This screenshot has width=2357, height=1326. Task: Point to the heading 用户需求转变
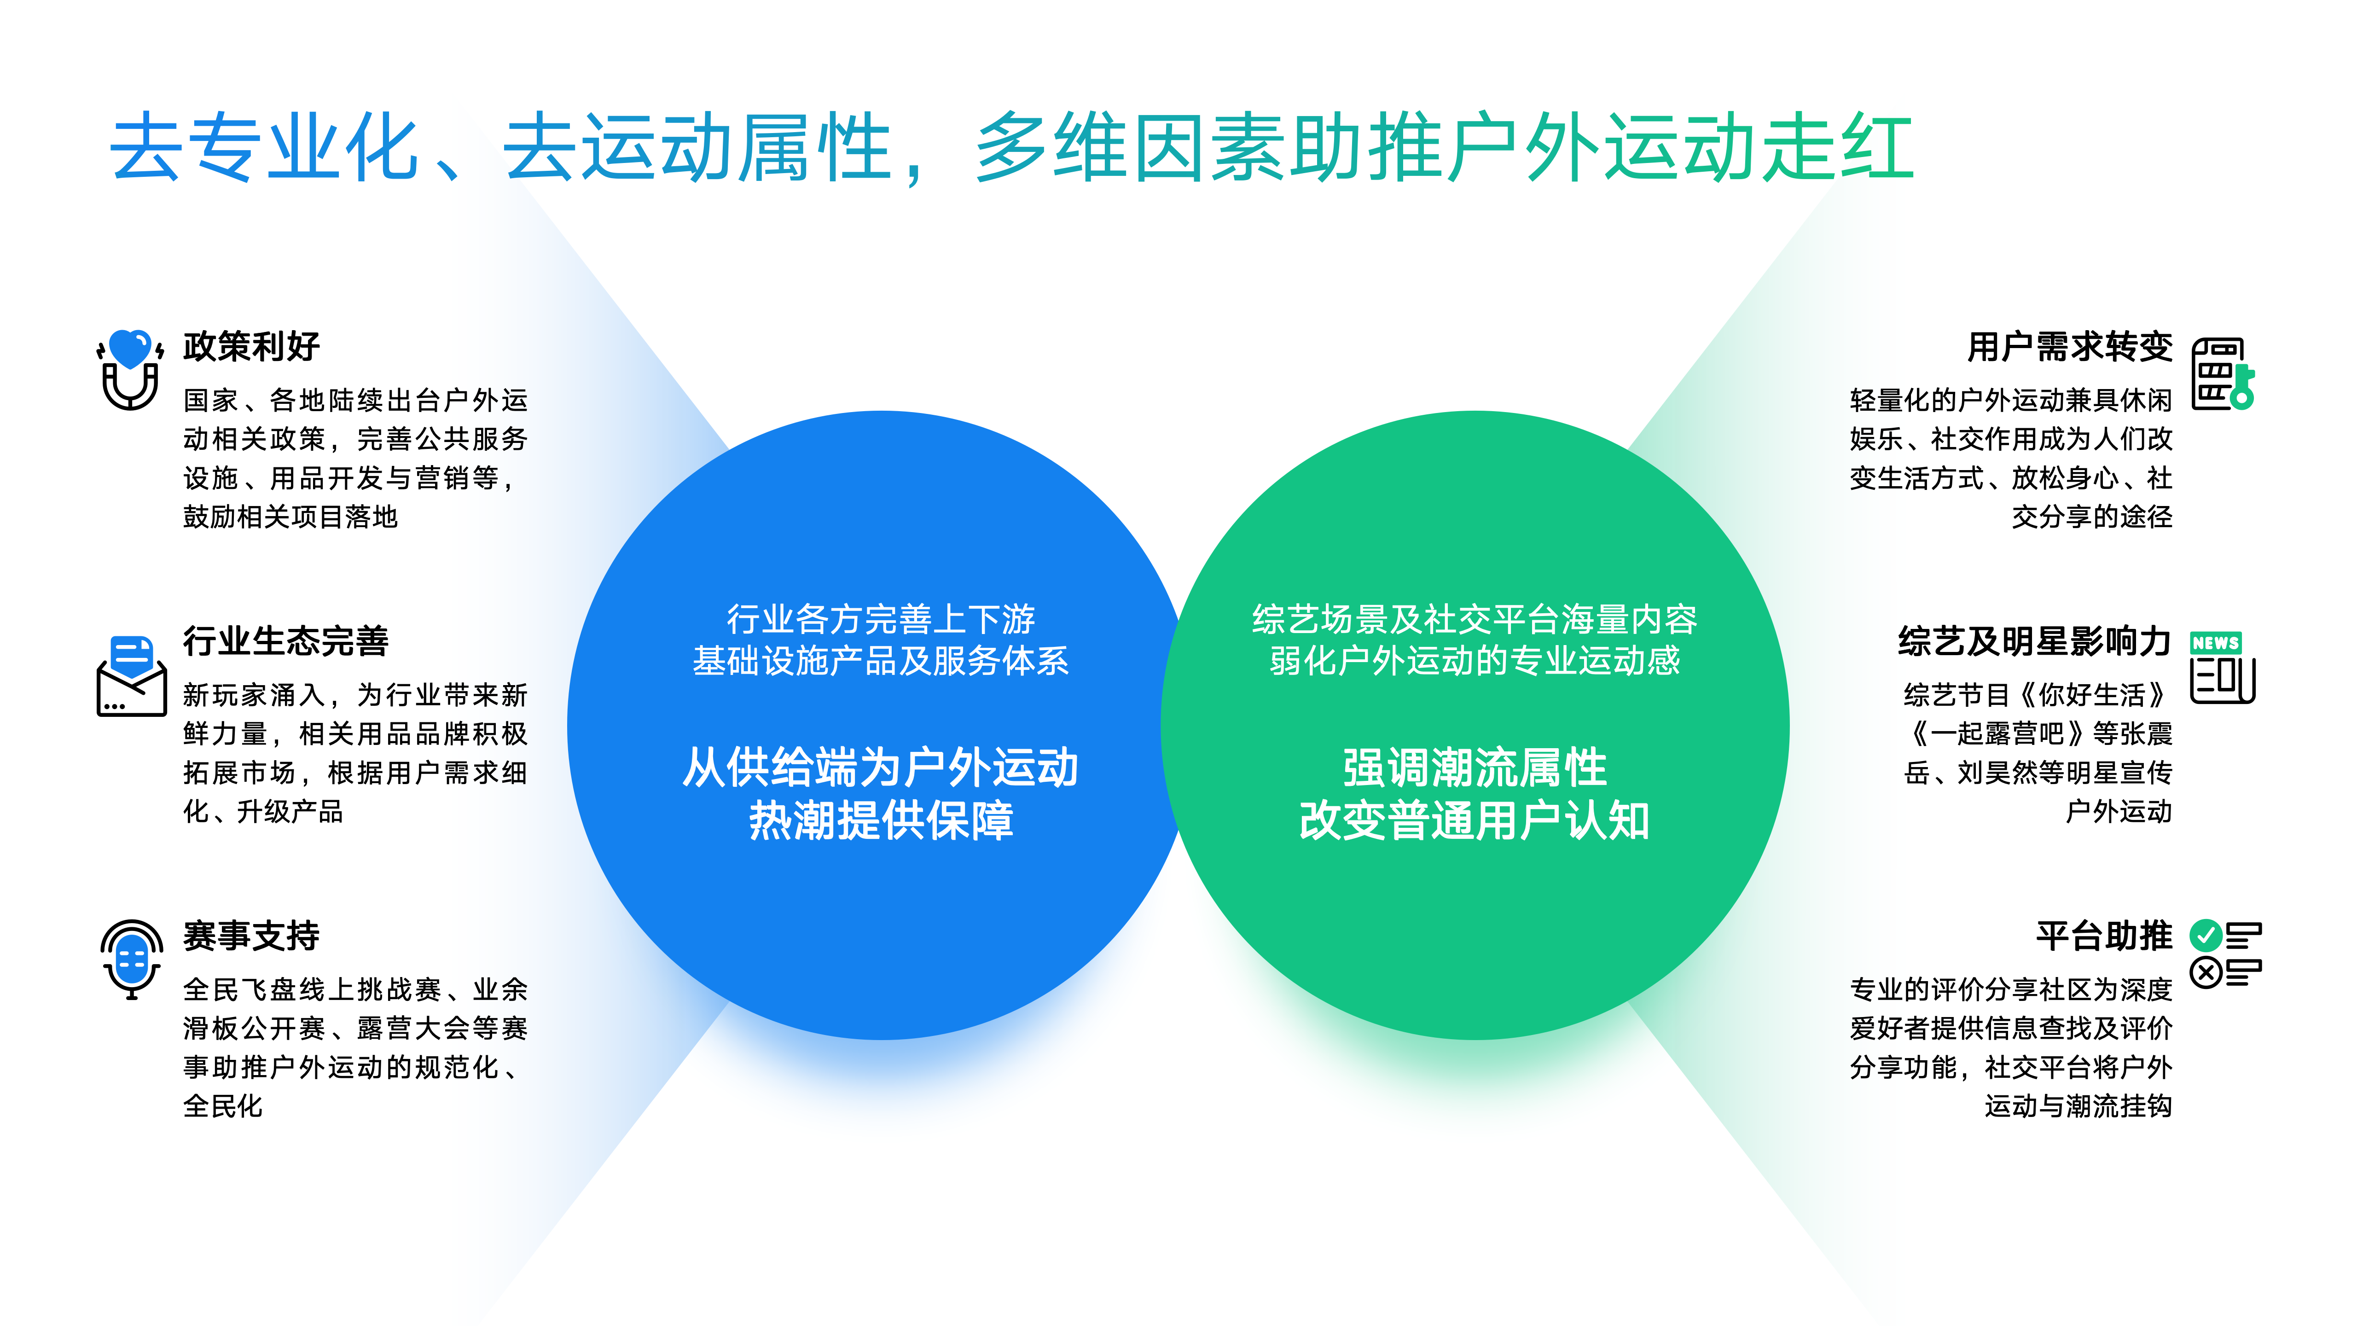tap(2070, 347)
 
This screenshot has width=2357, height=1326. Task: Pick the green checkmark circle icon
tap(2206, 935)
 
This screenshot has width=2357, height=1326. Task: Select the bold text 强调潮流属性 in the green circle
tap(1475, 768)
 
